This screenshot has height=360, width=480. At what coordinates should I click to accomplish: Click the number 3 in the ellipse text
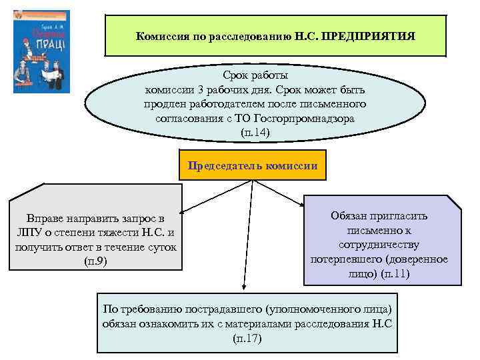tap(207, 89)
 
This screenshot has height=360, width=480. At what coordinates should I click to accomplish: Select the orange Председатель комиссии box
tap(253, 166)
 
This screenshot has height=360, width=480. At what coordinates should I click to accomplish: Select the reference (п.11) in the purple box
tap(395, 274)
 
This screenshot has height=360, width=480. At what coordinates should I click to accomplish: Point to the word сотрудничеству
tap(379, 245)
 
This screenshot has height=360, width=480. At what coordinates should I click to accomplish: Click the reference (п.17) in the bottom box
tap(249, 339)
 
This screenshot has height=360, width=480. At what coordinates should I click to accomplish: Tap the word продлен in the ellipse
tap(166, 104)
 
